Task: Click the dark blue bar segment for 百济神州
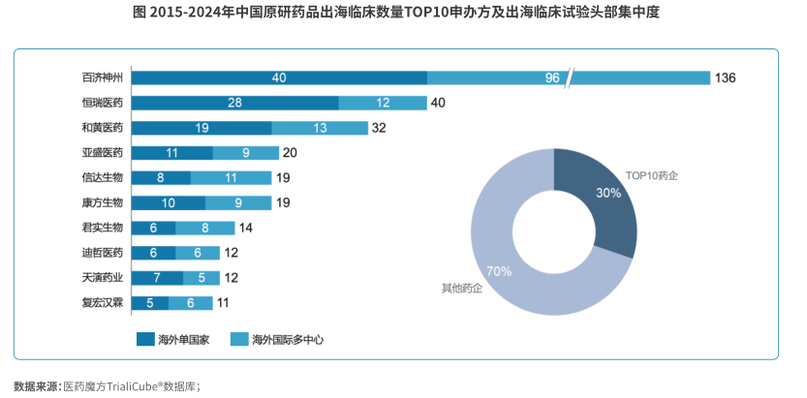point(279,77)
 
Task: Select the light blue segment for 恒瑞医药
point(383,103)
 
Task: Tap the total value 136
point(726,77)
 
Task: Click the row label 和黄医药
point(103,128)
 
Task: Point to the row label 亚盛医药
point(103,153)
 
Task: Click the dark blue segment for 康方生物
point(168,203)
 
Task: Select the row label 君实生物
point(103,229)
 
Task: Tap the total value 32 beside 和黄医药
point(379,128)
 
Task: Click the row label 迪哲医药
point(103,253)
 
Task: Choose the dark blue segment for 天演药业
point(157,278)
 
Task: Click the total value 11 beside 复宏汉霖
point(223,303)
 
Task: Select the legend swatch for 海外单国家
point(146,339)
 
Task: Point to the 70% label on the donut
point(499,271)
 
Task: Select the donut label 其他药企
point(462,289)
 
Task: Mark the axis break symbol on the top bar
point(571,77)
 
